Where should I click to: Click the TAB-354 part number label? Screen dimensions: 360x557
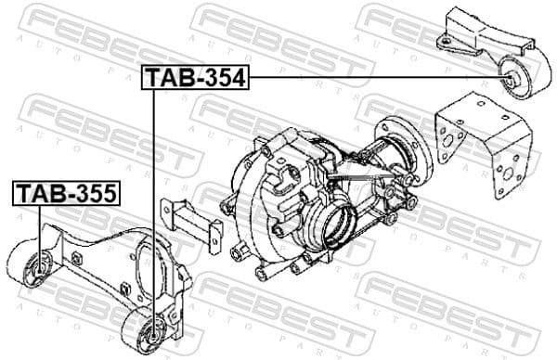[196, 79]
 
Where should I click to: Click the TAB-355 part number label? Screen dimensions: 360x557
[65, 193]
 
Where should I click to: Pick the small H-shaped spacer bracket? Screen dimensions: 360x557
[191, 223]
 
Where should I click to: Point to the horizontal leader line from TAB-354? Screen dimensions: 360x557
[371, 79]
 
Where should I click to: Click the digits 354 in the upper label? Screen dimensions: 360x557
[223, 79]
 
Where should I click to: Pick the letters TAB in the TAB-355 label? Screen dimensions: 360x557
[37, 193]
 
